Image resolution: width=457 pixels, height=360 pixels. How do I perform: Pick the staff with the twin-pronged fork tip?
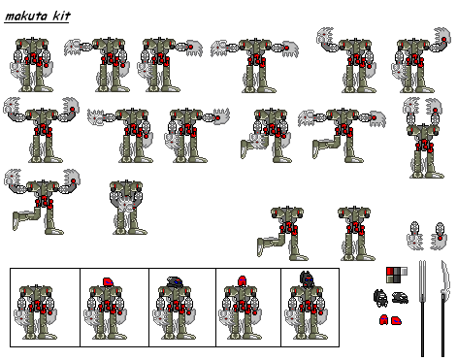[423, 308]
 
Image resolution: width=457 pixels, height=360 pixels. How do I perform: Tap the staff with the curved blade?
[443, 308]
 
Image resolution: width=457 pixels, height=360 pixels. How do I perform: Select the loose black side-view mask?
[400, 298]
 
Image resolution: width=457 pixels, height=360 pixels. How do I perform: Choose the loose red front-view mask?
[383, 320]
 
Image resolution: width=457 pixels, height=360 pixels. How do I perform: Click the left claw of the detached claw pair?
[415, 233]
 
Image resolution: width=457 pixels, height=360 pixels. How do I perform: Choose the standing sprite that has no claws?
[353, 233]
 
